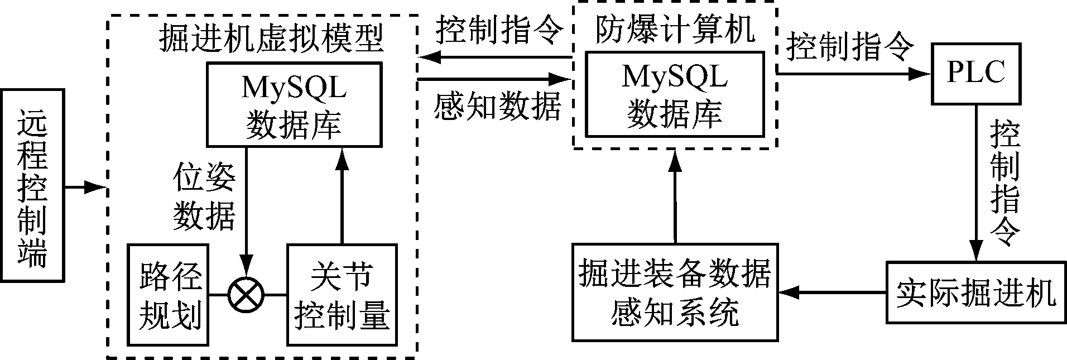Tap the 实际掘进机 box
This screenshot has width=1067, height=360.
pos(975,292)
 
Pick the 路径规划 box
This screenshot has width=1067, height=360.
pos(168,294)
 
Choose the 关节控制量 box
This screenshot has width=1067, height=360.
pos(342,294)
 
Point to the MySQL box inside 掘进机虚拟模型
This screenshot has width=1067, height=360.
pos(294,104)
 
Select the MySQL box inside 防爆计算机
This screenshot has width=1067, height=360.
pos(674,94)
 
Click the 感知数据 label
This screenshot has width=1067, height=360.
pos(497,106)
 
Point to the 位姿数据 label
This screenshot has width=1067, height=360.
pos(204,196)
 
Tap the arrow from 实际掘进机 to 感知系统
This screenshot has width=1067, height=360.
pos(832,292)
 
